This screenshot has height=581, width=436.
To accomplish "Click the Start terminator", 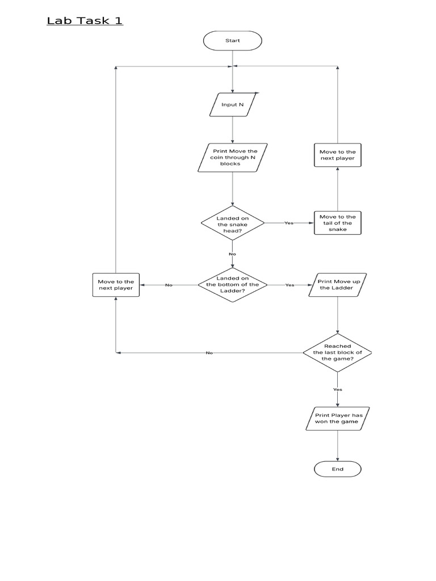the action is (x=232, y=40).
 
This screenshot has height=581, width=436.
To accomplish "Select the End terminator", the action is (x=337, y=469).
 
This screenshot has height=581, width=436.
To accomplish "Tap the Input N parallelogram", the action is (x=232, y=105).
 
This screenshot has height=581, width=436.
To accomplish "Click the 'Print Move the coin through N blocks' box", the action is (x=232, y=158).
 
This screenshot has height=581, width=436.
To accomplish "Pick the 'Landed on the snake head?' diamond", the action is (x=232, y=223).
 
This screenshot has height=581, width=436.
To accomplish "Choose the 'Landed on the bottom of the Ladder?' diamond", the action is (x=232, y=285).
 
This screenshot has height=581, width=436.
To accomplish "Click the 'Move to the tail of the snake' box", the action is (x=337, y=223).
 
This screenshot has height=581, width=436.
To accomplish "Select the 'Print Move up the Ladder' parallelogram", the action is (x=337, y=285).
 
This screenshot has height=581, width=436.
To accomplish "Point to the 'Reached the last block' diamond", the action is (x=337, y=353).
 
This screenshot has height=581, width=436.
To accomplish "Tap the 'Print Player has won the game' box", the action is (x=337, y=419).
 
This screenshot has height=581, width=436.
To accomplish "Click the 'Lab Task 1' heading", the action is (x=85, y=21).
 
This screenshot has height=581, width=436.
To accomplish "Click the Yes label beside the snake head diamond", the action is (x=289, y=223).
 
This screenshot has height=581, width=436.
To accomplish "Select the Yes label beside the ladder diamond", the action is (x=290, y=285).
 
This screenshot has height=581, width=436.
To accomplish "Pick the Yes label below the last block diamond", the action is (x=337, y=389).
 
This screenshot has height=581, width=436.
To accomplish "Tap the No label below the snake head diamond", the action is (x=232, y=254).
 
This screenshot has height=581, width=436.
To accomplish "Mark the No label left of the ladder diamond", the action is (x=169, y=285).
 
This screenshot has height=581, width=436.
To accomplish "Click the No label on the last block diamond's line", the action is (x=209, y=353).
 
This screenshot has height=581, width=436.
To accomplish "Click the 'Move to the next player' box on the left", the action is (x=116, y=285).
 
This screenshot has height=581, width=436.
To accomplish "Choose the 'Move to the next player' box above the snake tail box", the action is (x=337, y=155).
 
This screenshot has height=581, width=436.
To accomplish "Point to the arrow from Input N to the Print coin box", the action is (x=232, y=130).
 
